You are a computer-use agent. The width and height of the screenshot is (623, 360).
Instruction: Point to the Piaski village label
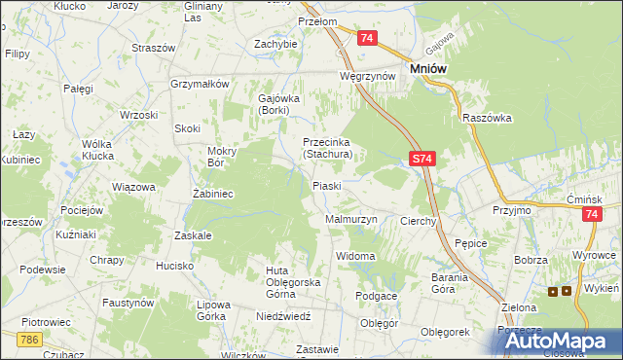click(326, 185)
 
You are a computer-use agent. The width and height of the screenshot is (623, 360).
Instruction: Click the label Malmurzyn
click(349, 220)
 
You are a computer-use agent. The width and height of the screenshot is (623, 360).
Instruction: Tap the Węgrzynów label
click(367, 75)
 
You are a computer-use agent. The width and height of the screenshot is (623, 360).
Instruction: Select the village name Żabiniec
click(210, 194)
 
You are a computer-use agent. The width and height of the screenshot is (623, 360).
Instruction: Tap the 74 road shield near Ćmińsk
click(591, 216)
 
